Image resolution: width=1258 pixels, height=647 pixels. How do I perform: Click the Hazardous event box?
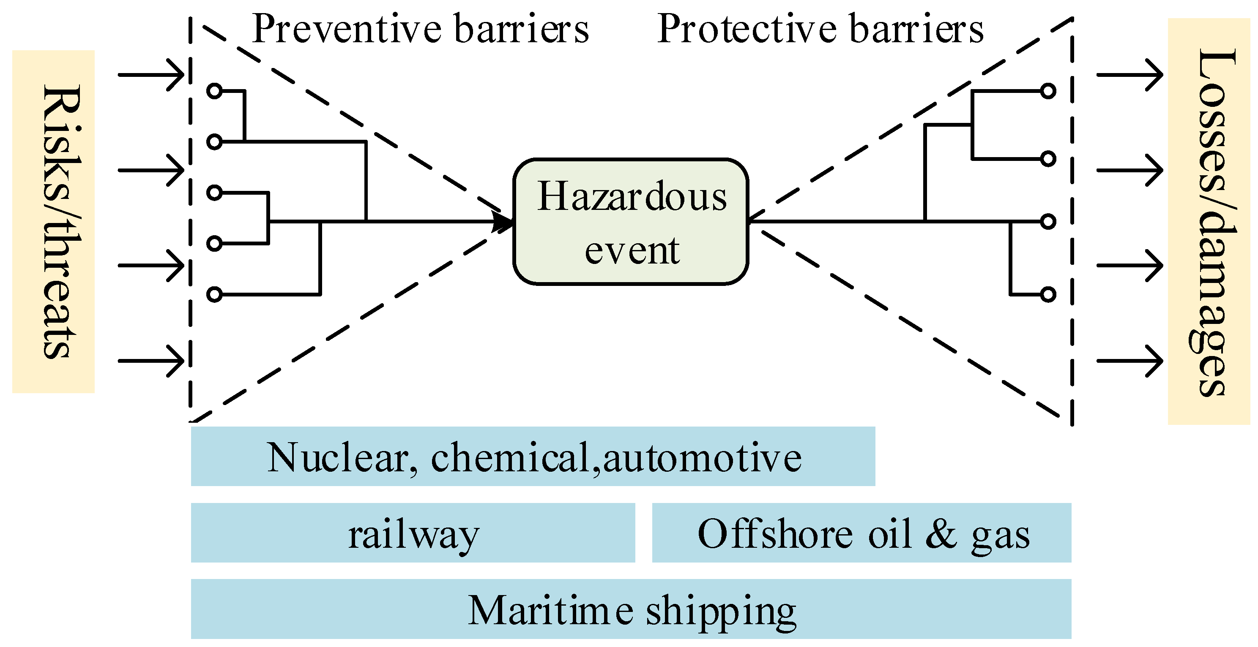pos(630,222)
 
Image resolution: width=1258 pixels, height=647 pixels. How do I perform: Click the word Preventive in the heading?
pos(347,29)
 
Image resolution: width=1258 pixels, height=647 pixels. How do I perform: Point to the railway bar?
pos(413,533)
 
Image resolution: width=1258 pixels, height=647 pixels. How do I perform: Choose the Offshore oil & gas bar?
pos(862,533)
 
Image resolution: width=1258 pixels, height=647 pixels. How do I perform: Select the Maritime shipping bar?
pos(631,609)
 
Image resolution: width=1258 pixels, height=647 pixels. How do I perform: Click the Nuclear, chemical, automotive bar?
pos(533,456)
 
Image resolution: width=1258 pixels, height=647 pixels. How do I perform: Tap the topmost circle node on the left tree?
pos(214,91)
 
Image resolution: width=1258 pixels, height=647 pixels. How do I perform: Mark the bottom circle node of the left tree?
pos(214,295)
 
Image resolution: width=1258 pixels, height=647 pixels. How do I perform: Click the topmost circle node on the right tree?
pos(1048,91)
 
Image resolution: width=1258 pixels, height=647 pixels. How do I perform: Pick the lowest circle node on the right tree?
pos(1048,295)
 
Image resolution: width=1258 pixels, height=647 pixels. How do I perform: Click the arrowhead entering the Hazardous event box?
pos(503,222)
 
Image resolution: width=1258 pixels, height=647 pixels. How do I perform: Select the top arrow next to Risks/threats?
pos(151,75)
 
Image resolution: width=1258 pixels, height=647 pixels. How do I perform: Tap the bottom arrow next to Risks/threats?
pos(151,361)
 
